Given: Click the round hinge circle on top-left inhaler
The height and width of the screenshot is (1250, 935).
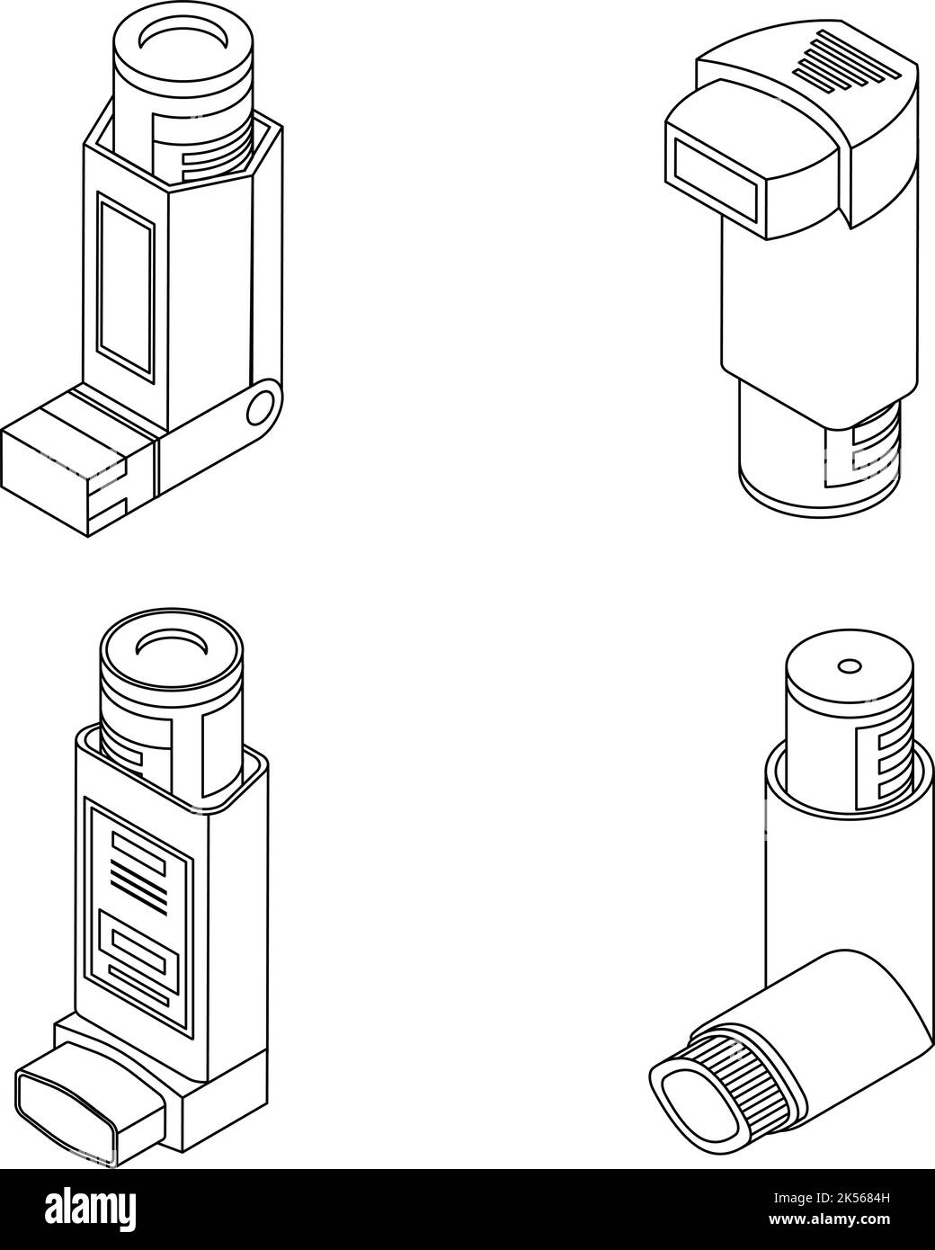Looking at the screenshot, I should point(263,407).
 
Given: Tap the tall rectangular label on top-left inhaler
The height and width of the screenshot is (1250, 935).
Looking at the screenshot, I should point(126,283).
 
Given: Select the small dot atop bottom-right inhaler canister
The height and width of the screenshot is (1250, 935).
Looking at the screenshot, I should point(848,666).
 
